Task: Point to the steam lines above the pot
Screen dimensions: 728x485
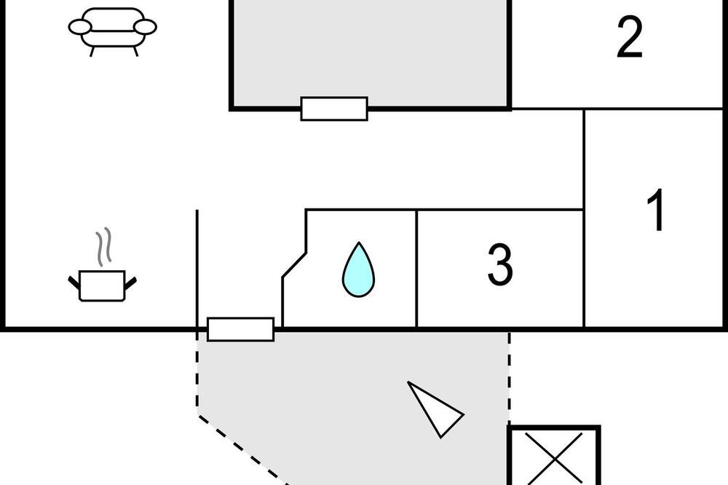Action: [104, 246]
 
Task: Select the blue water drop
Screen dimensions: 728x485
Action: [358, 269]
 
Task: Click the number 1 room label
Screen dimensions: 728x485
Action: [656, 210]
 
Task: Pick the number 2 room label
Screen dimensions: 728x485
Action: [630, 37]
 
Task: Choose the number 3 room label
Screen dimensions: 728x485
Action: [500, 264]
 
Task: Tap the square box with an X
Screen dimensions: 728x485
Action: [554, 455]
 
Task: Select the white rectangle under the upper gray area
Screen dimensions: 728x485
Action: [334, 109]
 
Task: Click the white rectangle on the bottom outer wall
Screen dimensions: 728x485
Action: [240, 329]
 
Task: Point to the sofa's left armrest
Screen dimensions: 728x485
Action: [80, 27]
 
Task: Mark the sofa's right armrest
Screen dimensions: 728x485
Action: [145, 27]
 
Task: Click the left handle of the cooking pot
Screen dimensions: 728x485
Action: [74, 283]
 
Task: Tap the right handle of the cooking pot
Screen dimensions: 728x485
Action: [131, 283]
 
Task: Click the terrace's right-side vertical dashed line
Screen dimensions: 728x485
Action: [510, 377]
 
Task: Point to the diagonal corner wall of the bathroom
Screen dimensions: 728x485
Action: [294, 265]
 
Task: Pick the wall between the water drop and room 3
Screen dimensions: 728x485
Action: [417, 269]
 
